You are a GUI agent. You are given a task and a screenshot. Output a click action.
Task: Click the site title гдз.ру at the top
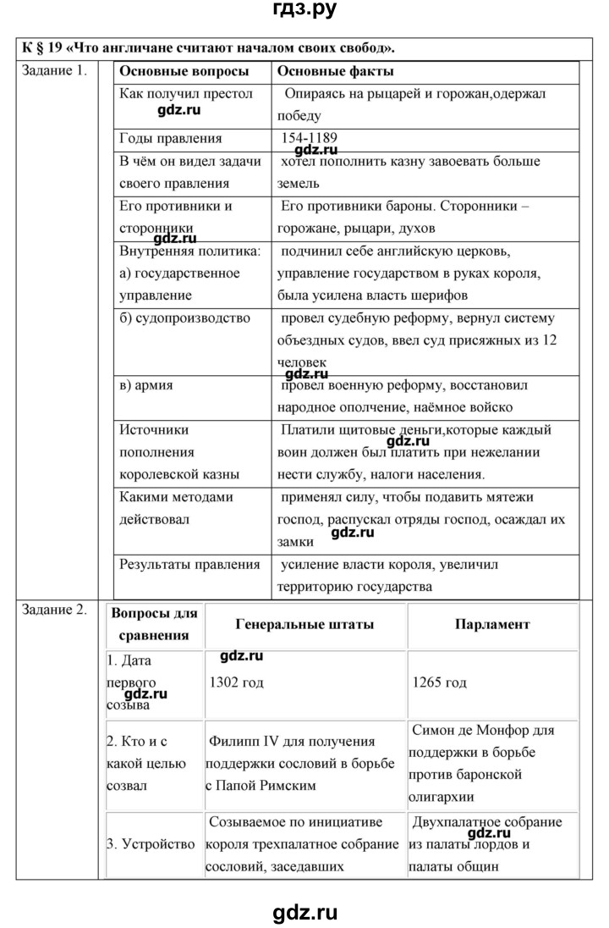304,13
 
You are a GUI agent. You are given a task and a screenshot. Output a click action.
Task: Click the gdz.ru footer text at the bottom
304,912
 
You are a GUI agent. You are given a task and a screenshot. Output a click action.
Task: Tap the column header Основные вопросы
184,72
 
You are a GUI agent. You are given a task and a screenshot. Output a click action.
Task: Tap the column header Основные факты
334,72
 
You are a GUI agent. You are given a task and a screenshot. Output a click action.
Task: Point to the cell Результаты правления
189,565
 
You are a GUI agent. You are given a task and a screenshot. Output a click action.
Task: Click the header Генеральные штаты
306,624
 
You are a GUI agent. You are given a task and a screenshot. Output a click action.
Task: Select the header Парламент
492,624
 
